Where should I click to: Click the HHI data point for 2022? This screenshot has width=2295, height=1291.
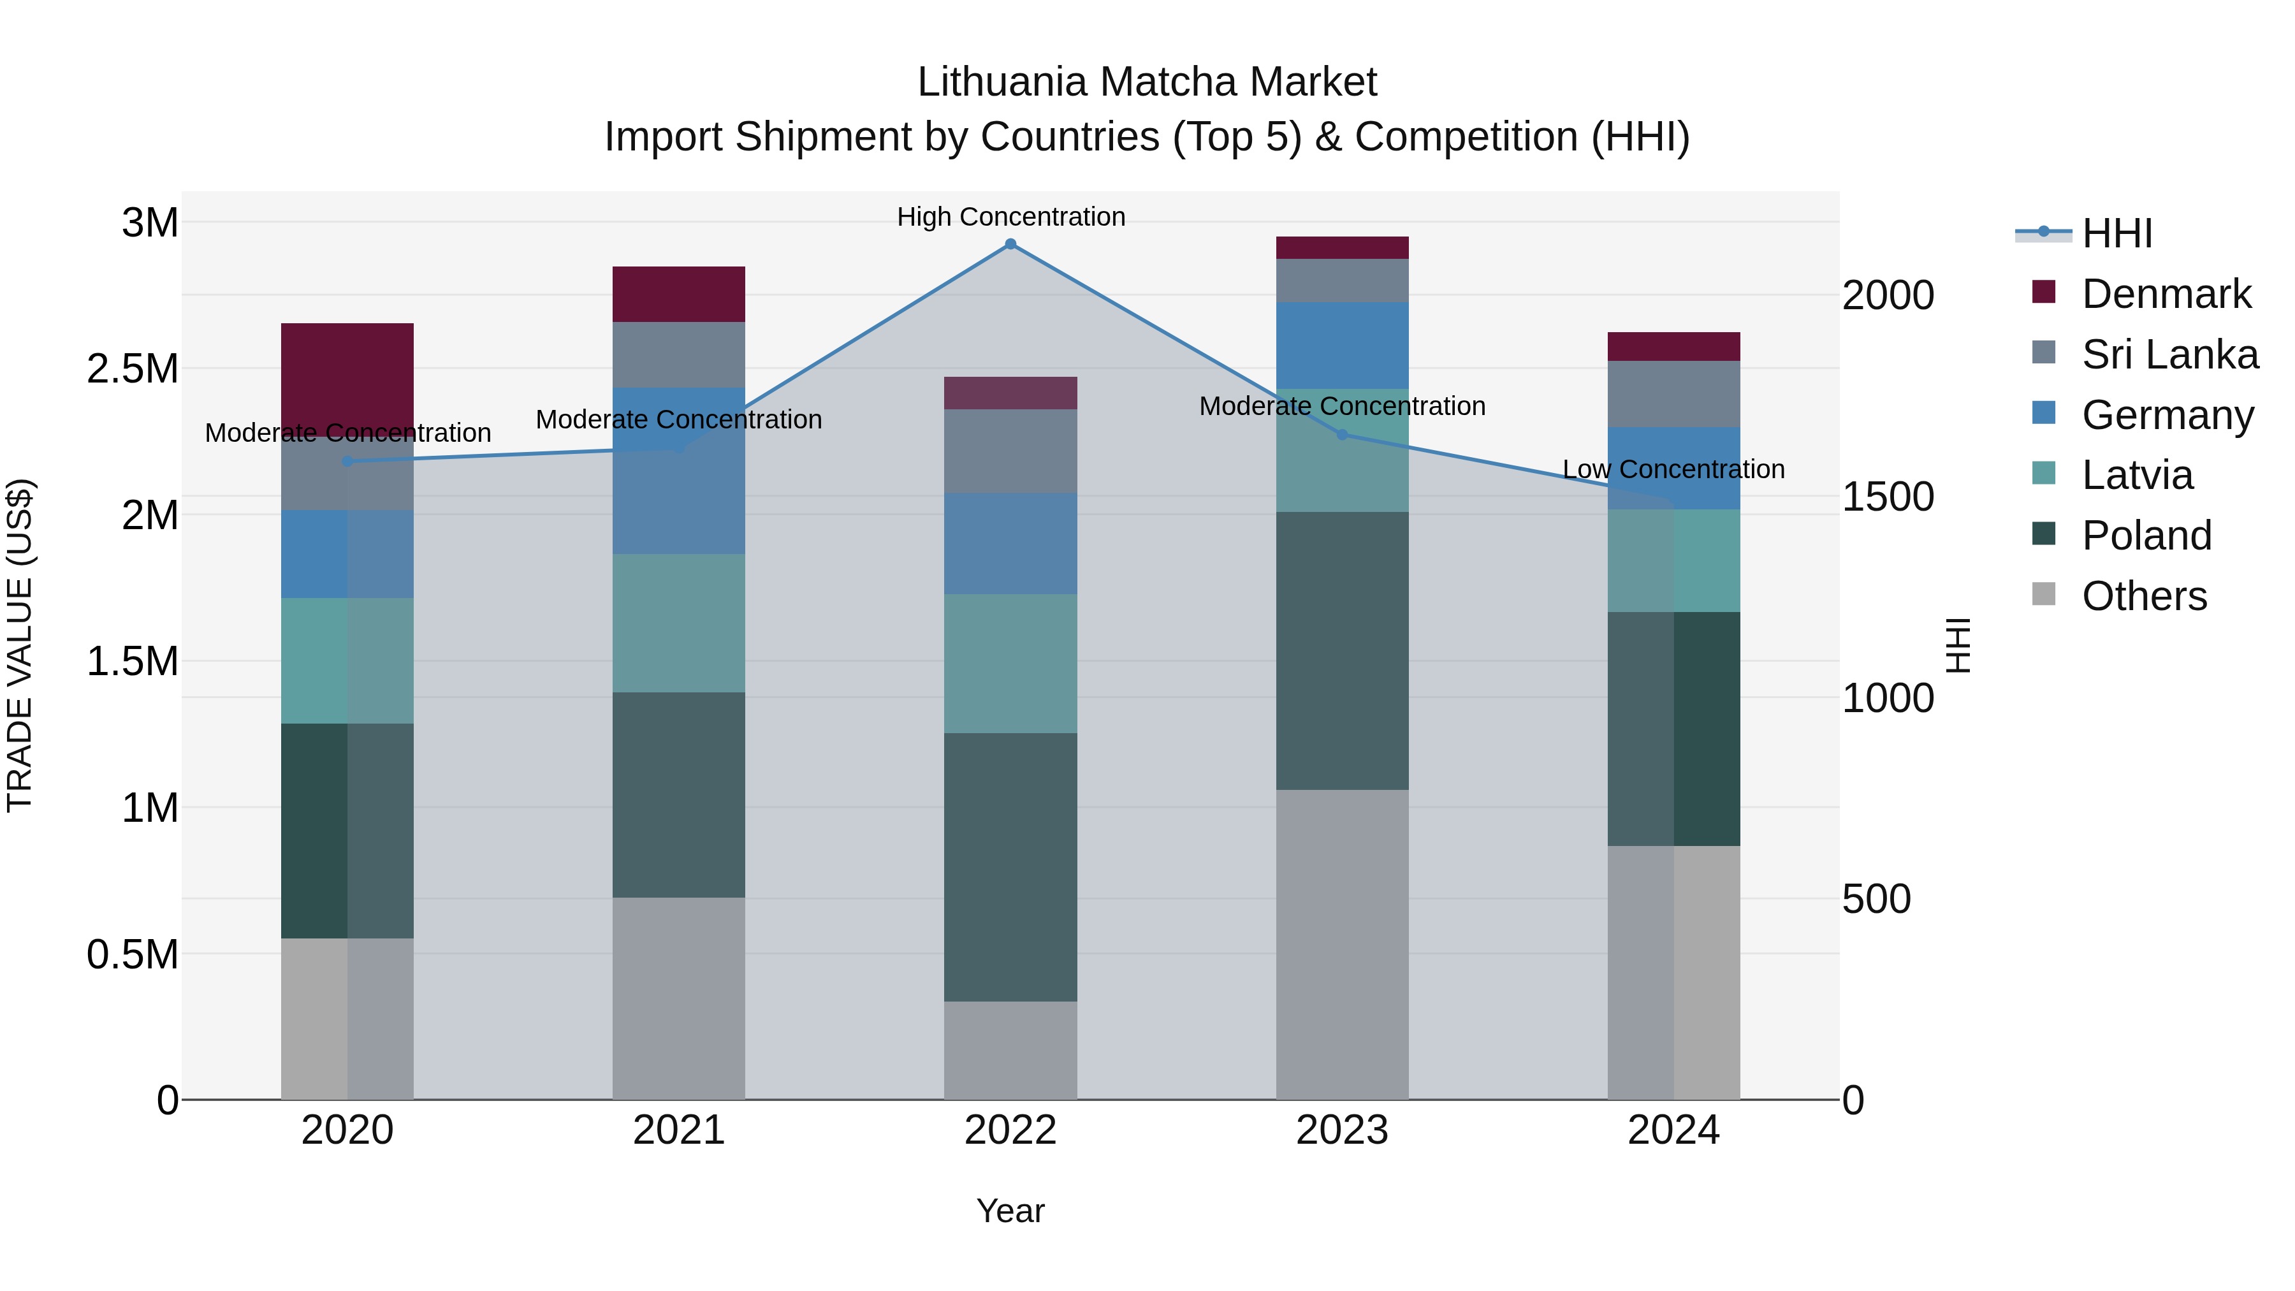point(1010,244)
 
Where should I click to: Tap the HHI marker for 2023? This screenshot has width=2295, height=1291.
point(1343,435)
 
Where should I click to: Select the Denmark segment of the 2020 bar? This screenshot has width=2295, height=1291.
point(347,374)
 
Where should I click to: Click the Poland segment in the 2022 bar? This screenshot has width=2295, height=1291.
point(1010,867)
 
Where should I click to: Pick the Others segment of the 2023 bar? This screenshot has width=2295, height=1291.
point(1343,944)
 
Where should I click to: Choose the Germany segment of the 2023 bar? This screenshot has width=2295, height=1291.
point(1343,345)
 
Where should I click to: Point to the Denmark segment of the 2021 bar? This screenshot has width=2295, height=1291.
point(679,294)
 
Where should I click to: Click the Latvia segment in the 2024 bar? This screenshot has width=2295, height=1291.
point(1674,560)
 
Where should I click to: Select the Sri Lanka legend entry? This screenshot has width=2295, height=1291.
point(2169,354)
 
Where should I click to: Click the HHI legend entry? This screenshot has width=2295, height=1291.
point(2116,233)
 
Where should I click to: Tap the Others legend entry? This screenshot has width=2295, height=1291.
point(2143,596)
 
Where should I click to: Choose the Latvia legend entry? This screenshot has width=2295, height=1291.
point(2136,475)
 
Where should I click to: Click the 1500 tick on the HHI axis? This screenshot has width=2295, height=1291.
point(1888,497)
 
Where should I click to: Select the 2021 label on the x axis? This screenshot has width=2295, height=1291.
point(679,1130)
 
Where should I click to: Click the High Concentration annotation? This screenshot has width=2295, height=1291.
point(1011,217)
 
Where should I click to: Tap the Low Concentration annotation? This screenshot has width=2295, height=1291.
point(1673,469)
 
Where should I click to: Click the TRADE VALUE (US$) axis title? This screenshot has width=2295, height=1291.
point(20,645)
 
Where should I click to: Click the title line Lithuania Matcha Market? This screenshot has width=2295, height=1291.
point(1147,82)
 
